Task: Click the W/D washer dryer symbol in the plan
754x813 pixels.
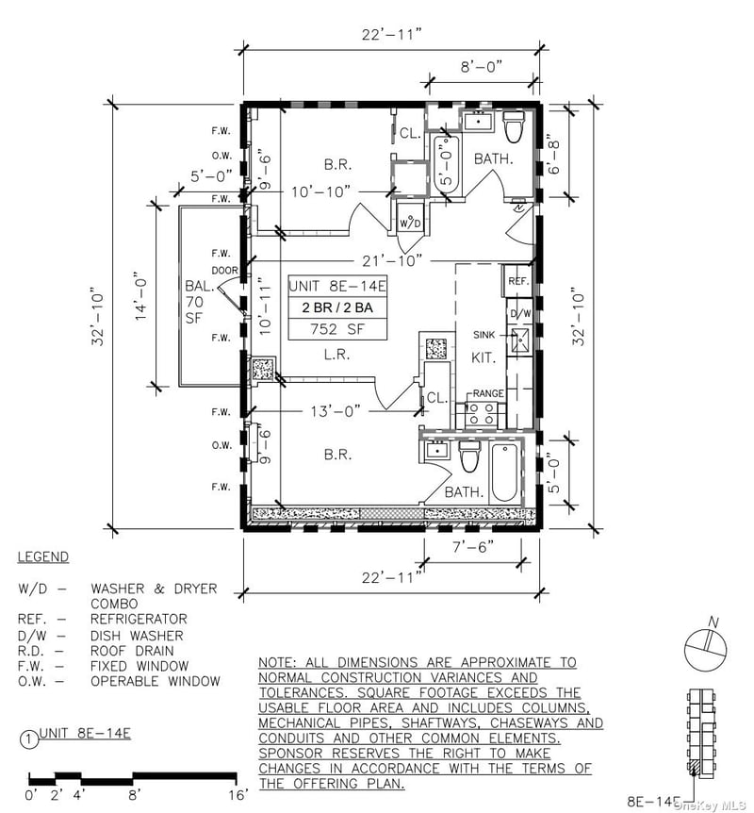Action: [x=410, y=223]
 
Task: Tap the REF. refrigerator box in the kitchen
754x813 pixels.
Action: [x=517, y=281]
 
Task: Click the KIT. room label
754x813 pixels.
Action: [x=484, y=358]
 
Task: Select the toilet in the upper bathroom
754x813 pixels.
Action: [x=515, y=126]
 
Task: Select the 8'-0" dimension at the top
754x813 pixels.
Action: [x=483, y=68]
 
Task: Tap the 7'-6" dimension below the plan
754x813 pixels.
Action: [x=468, y=547]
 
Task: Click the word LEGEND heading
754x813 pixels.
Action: [x=42, y=557]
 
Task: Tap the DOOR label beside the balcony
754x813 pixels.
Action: [x=225, y=270]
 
